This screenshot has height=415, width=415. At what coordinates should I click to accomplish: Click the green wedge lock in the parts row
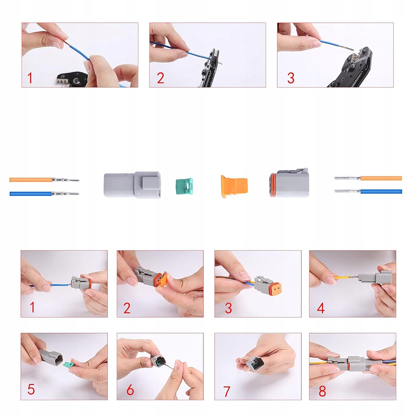184,186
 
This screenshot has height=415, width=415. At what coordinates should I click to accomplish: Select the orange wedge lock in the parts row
234,186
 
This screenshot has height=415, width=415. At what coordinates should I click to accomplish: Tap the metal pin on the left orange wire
66,180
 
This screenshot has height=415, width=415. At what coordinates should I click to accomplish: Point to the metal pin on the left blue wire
66,194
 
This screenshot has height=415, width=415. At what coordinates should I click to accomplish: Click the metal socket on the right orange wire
347,178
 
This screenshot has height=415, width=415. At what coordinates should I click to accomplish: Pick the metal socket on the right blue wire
347,191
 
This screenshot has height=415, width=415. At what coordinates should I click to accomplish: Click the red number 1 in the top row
30,78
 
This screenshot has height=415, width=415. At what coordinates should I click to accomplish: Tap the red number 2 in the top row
160,78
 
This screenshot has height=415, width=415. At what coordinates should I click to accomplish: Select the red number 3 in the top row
290,78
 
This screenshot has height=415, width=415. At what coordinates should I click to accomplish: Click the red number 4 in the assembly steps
321,308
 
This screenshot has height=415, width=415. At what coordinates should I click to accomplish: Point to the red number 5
31,389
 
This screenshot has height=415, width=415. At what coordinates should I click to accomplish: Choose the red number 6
130,390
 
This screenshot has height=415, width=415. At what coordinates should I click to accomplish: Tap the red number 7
227,391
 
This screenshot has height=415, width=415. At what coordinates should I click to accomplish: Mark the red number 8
322,391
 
